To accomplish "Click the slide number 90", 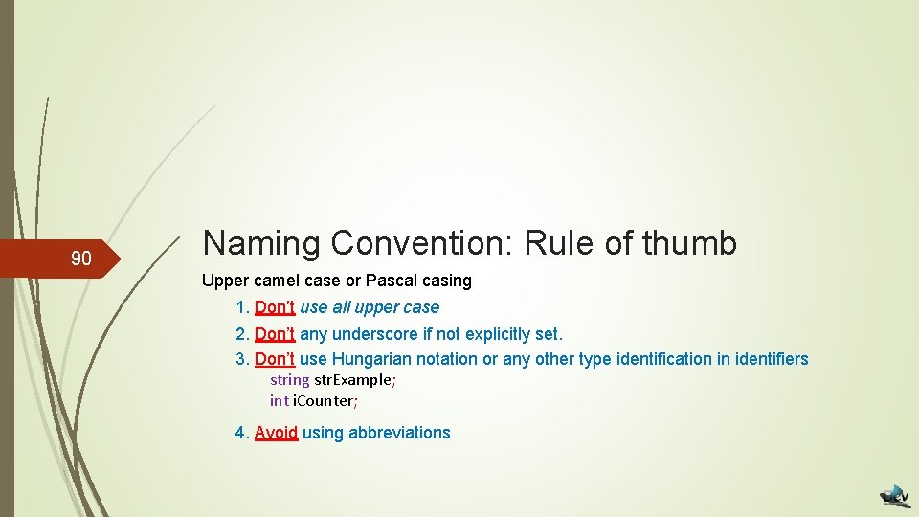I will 81,258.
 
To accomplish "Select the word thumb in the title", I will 690,243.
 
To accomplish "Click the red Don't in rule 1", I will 275,307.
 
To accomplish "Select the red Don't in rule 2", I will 275,334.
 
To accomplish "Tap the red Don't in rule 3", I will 275,359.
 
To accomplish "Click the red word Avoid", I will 276,433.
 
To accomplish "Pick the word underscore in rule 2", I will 376,334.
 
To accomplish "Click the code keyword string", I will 289,380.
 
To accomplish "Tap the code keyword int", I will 279,400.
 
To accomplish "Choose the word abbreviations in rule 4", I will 399,433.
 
